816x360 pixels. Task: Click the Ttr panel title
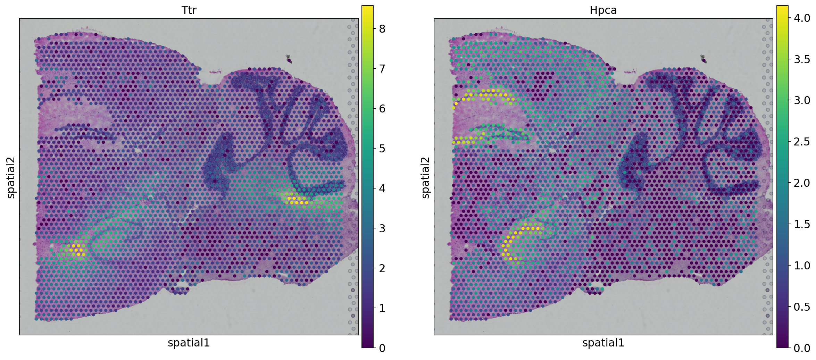[189, 10]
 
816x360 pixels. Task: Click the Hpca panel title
[603, 10]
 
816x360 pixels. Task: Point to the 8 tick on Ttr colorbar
[382, 29]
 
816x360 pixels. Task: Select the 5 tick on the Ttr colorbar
[382, 149]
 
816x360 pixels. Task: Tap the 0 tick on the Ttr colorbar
[382, 348]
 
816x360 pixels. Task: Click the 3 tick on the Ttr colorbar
[382, 228]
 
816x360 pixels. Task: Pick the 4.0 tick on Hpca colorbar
[802, 18]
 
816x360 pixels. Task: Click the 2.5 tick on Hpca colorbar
[802, 142]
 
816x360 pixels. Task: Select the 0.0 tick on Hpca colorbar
[802, 348]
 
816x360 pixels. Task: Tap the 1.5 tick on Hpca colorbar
[802, 224]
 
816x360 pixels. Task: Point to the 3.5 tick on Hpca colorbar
[802, 59]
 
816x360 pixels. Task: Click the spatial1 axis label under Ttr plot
[189, 343]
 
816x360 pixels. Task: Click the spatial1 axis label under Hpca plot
[603, 343]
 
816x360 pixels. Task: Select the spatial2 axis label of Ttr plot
[11, 177]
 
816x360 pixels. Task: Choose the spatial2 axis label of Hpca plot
[426, 177]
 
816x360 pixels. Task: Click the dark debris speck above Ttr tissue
[289, 59]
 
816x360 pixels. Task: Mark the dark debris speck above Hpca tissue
[703, 59]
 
